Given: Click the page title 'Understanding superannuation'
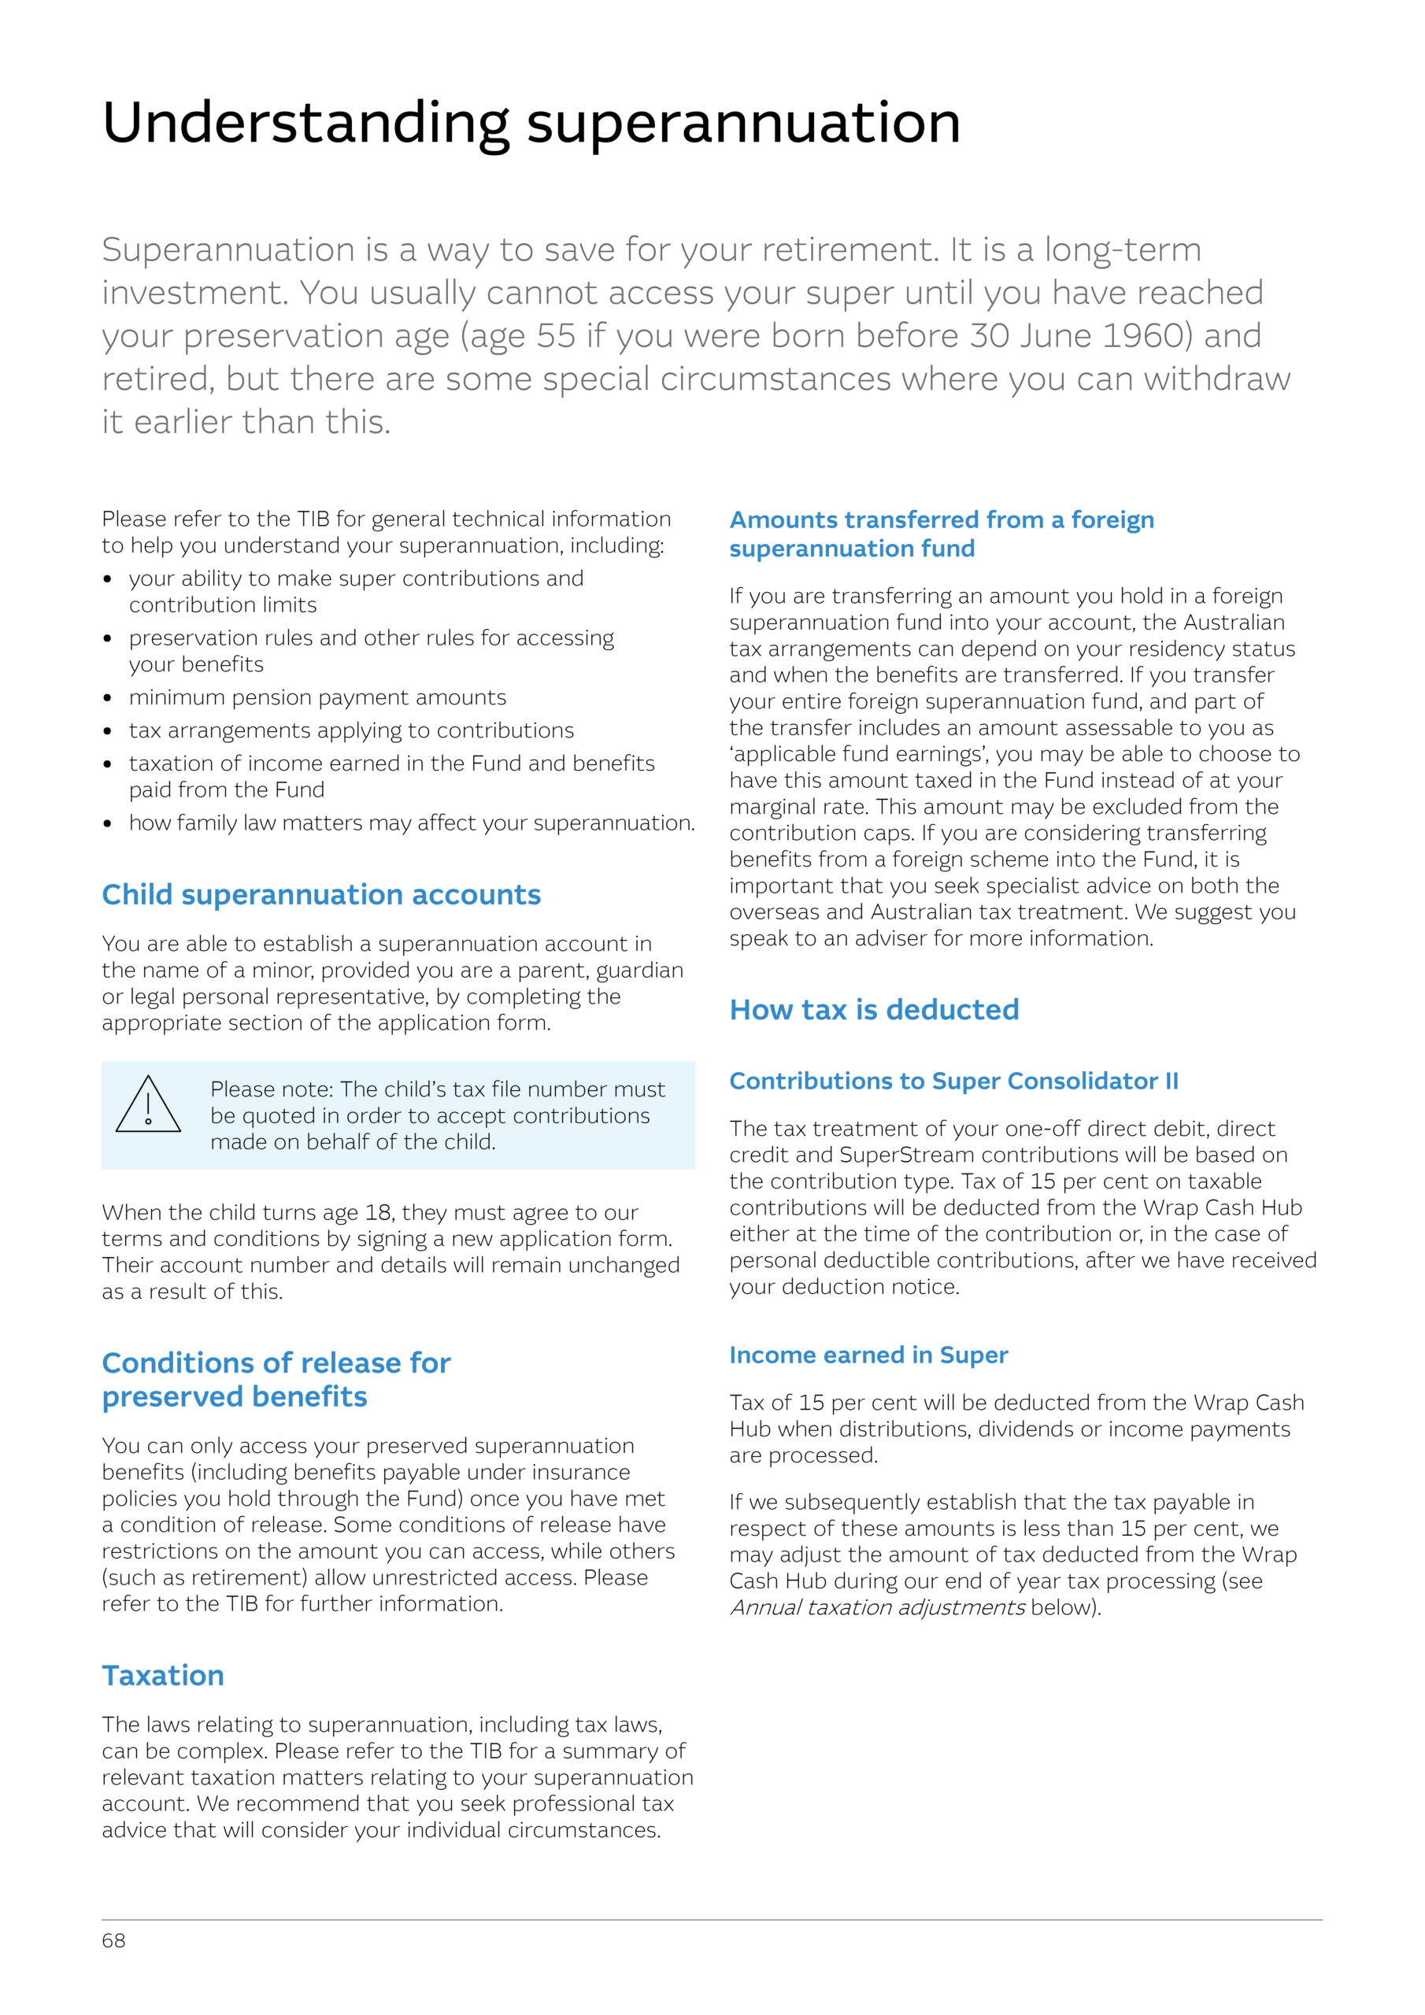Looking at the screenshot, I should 531,123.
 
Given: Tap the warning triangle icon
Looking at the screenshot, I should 148,1105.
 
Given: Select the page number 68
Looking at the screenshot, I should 113,1940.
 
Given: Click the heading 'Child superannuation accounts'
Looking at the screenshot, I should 321,894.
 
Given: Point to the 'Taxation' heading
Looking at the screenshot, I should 163,1676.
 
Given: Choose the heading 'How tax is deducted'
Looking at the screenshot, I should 874,1009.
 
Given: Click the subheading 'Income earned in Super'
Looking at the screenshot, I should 868,1355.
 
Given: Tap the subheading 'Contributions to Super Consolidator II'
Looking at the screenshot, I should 953,1081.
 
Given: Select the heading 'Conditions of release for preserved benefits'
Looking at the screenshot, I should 276,1380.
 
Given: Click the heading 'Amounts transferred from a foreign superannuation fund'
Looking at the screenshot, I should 942,534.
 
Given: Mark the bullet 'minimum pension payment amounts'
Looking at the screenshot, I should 317,697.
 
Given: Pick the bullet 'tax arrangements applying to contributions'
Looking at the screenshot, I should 351,730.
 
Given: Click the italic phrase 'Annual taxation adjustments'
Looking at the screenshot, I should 877,1608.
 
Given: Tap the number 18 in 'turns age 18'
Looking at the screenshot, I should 378,1213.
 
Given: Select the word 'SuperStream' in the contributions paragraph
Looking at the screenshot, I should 905,1155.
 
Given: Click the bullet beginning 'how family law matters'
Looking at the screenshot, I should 411,823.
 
